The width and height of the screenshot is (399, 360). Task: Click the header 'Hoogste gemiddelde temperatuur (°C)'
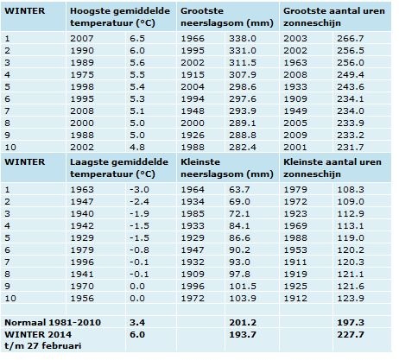[120, 17]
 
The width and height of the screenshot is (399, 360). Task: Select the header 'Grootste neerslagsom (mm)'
[227, 17]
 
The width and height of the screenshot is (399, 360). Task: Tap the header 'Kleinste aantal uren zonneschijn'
[332, 168]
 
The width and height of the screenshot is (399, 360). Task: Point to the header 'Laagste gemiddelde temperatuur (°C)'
[119, 168]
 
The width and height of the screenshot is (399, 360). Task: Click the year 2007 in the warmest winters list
[82, 39]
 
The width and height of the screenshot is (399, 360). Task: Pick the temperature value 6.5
[137, 39]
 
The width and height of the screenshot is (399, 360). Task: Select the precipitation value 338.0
[243, 39]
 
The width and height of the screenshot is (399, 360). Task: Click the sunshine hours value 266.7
[351, 39]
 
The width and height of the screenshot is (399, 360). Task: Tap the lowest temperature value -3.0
[139, 190]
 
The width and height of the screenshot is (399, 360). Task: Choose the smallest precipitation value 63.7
[239, 190]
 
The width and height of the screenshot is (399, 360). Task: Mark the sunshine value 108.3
[351, 190]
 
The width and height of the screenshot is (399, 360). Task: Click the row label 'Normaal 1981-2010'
[53, 323]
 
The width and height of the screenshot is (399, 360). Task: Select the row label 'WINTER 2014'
[38, 335]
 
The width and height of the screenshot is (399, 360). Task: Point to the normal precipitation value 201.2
[243, 323]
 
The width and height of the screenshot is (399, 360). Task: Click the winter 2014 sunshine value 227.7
[351, 335]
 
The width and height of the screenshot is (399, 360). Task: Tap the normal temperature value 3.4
[137, 323]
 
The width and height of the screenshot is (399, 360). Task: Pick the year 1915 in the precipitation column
[193, 75]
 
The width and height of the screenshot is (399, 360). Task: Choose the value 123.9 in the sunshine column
[351, 299]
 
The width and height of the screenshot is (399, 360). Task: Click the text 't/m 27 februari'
[43, 345]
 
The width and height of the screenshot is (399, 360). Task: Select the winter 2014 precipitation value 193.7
[243, 335]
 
